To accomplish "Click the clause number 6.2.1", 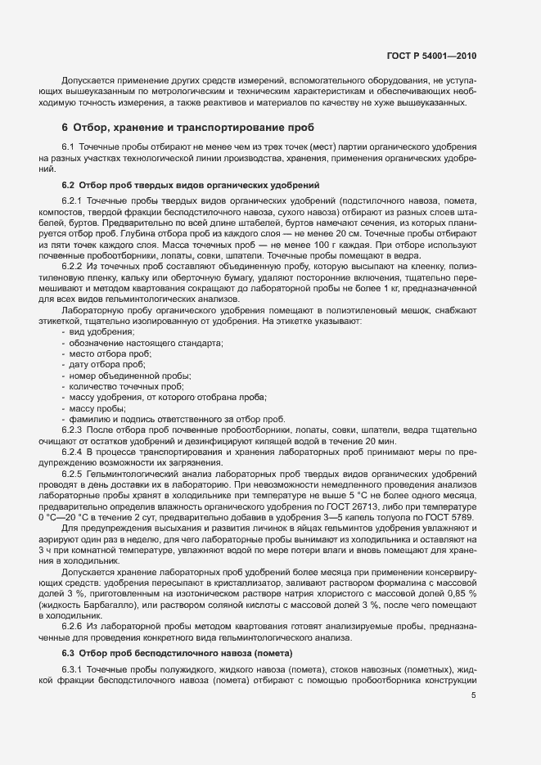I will click(x=72, y=201).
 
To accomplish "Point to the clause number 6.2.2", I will click(x=72, y=267).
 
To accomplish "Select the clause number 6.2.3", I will click(x=72, y=430).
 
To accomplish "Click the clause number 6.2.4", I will click(x=72, y=452).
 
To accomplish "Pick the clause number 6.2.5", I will click(x=72, y=475).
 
